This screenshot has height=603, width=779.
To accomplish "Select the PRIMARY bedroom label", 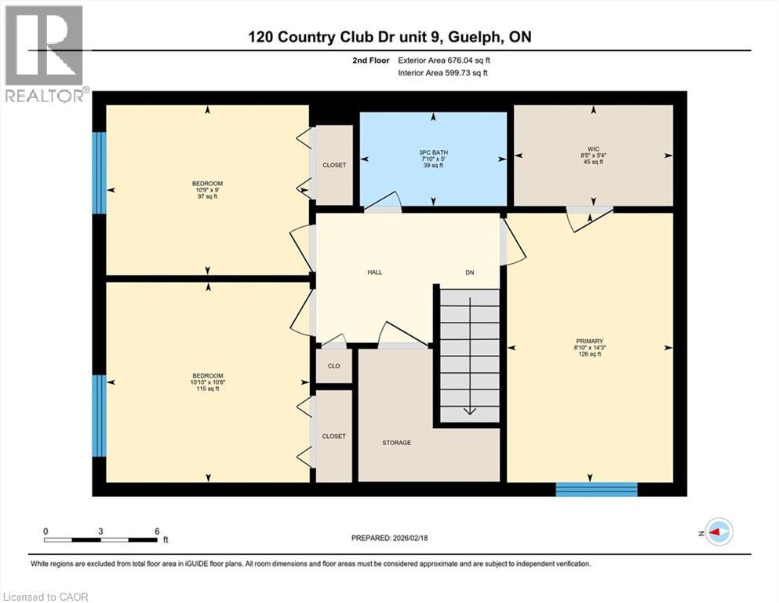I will point(588,342).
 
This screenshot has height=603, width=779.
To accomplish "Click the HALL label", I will point(375,272).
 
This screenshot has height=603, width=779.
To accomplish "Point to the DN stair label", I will point(470,272).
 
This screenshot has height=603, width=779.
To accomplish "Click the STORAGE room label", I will point(396,443).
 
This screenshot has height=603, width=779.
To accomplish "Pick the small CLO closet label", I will point(333,366).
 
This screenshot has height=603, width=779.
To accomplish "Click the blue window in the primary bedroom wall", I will point(596,489).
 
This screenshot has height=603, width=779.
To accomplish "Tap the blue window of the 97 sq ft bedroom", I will point(99,173).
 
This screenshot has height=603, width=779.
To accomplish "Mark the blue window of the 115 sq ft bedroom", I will point(99,415).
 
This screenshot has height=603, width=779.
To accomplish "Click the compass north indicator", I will point(718,532).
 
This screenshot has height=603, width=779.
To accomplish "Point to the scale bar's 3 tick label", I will point(100,531).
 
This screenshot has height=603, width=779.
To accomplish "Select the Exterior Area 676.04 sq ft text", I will point(448,60).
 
